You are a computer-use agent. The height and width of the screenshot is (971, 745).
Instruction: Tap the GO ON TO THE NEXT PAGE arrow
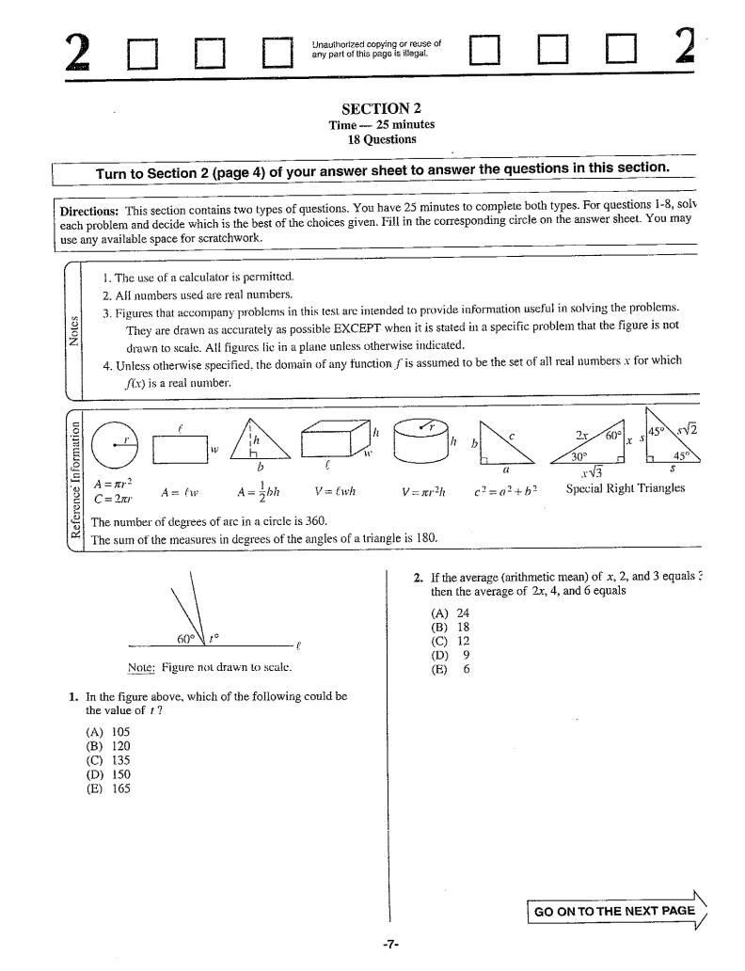coord(617,911)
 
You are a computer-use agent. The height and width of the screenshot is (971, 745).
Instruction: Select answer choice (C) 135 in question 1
coord(107,760)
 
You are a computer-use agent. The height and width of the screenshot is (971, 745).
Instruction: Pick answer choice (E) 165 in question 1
coord(107,789)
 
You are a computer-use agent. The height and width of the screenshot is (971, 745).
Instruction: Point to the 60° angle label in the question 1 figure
coord(185,639)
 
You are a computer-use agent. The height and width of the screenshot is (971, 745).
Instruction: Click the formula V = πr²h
coord(422,490)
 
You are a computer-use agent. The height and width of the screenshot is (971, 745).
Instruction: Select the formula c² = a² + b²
coord(505,490)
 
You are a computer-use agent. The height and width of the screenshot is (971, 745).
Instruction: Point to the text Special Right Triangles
coord(626,488)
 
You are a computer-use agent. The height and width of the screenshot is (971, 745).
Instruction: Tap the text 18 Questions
coord(381,139)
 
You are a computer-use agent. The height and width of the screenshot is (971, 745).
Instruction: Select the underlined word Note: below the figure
coord(141,667)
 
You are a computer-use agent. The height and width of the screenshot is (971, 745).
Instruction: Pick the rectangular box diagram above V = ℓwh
coord(337,439)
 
